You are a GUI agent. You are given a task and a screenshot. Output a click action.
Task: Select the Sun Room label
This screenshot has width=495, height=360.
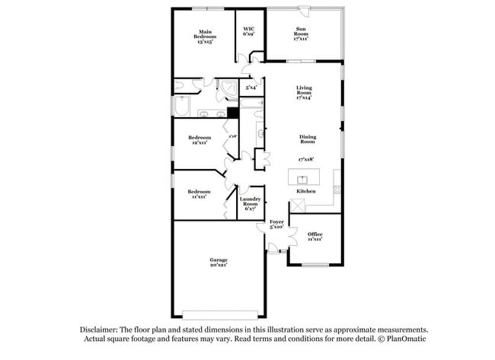pyautogui.click(x=302, y=33)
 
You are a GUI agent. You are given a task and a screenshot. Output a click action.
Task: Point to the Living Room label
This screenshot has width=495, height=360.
pyautogui.click(x=305, y=92)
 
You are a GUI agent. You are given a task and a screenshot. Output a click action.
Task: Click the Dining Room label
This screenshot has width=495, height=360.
pyautogui.click(x=307, y=139)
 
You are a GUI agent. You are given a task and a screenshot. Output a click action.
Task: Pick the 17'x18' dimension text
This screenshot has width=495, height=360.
pyautogui.click(x=306, y=159)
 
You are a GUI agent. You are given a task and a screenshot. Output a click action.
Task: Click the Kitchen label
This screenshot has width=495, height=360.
pyautogui.click(x=317, y=191)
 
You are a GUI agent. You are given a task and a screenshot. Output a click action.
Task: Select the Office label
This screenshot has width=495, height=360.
pyautogui.click(x=315, y=236)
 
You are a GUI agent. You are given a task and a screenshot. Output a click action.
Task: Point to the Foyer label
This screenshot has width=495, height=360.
pyautogui.click(x=276, y=225)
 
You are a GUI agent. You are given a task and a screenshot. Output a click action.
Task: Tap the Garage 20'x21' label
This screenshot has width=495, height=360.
pyautogui.click(x=219, y=263)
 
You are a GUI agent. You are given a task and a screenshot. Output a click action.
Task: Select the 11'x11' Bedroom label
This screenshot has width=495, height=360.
pyautogui.click(x=200, y=194)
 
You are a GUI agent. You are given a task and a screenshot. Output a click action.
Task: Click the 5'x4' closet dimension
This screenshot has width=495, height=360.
pyautogui.click(x=251, y=88)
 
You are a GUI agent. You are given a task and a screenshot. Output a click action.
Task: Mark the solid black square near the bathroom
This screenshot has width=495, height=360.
pyautogui.click(x=232, y=113)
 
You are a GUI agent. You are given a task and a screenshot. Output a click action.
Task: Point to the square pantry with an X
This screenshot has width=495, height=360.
pyautogui.click(x=296, y=205)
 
